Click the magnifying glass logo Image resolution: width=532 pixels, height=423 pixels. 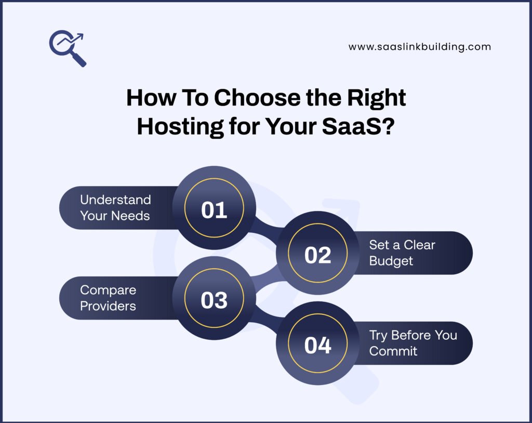(x=68, y=48)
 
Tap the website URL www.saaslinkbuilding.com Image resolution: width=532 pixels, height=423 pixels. (x=419, y=47)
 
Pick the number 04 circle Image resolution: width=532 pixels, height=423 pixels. (x=317, y=345)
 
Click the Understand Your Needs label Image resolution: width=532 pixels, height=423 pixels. (x=115, y=207)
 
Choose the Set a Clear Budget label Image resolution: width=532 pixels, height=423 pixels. (x=402, y=253)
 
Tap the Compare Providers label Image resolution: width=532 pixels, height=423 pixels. (x=108, y=298)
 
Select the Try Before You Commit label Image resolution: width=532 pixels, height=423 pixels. (x=413, y=343)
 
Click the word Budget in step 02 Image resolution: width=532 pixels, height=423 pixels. (x=391, y=261)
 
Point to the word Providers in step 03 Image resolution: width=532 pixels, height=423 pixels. (x=108, y=306)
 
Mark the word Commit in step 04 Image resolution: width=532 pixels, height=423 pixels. (x=393, y=351)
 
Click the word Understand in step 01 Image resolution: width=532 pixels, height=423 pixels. (x=115, y=200)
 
